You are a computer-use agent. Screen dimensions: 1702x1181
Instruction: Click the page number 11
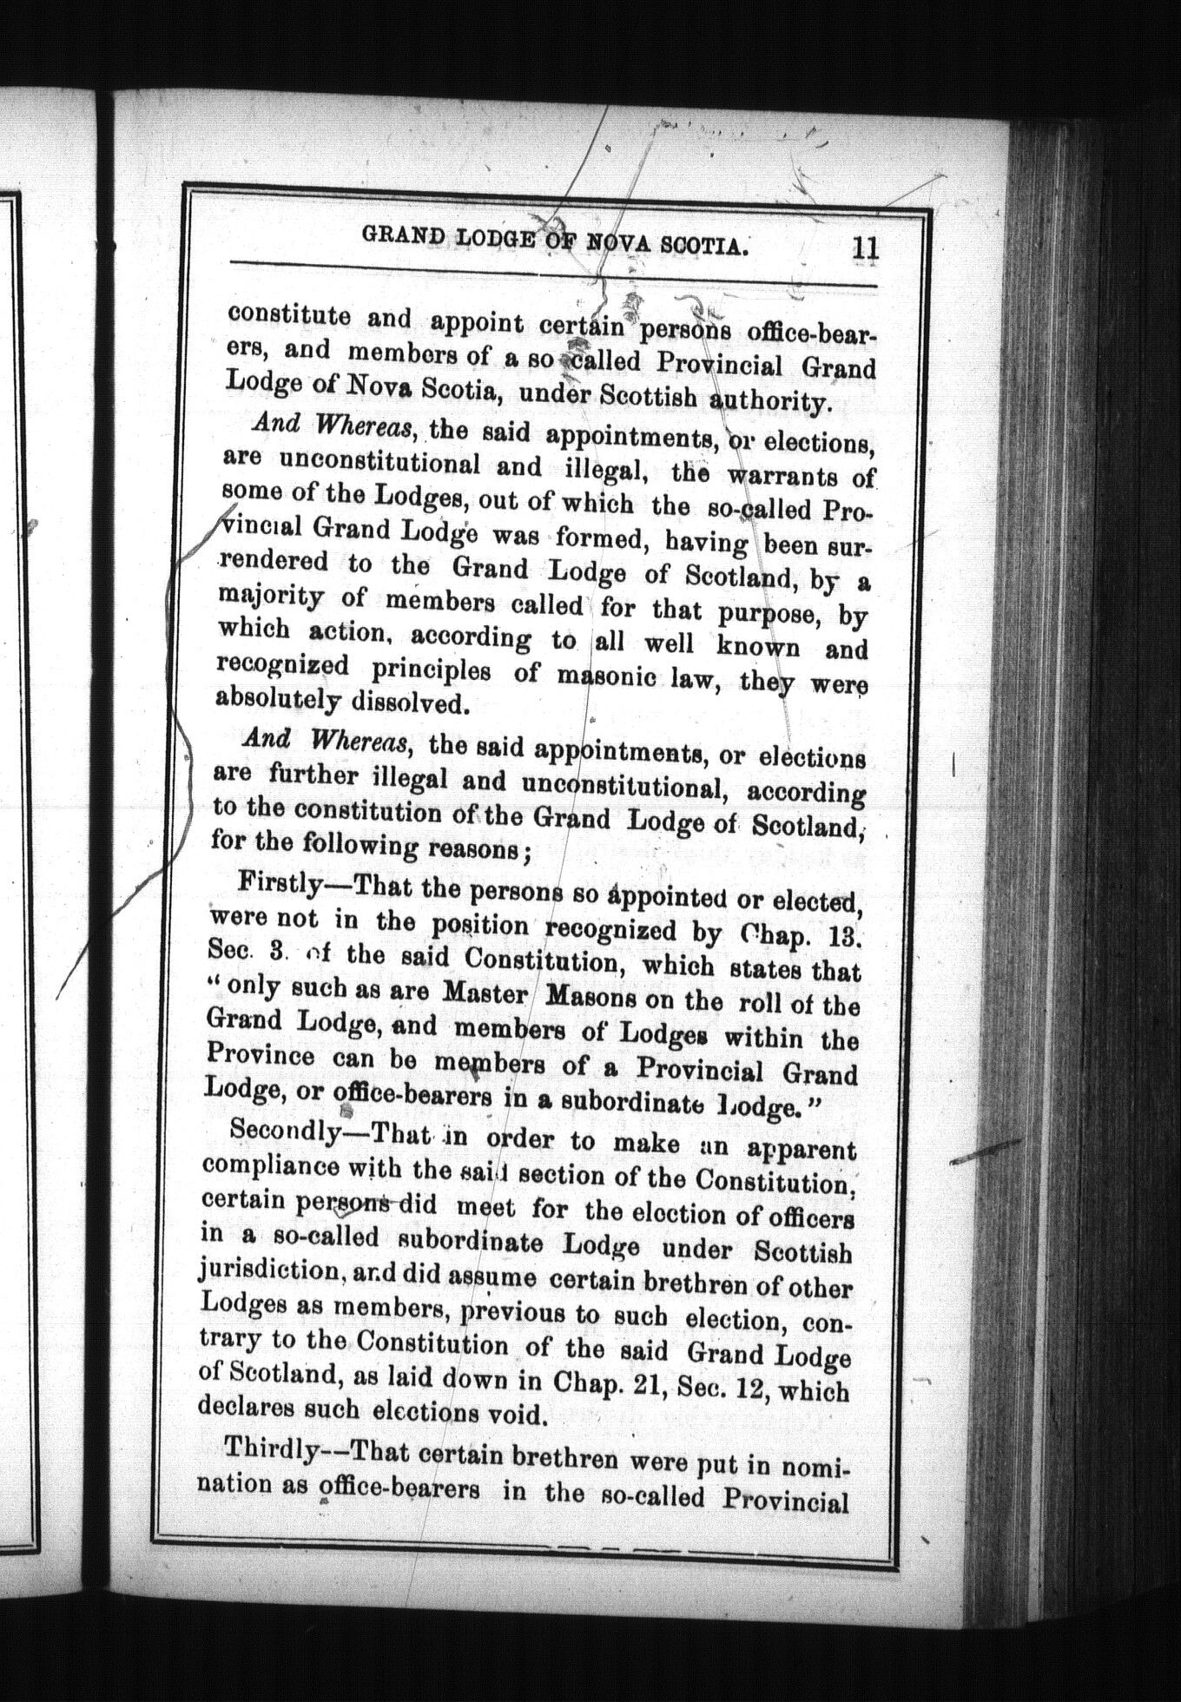pyautogui.click(x=865, y=248)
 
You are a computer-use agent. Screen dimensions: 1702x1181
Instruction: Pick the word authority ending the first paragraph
pyautogui.click(x=777, y=401)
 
